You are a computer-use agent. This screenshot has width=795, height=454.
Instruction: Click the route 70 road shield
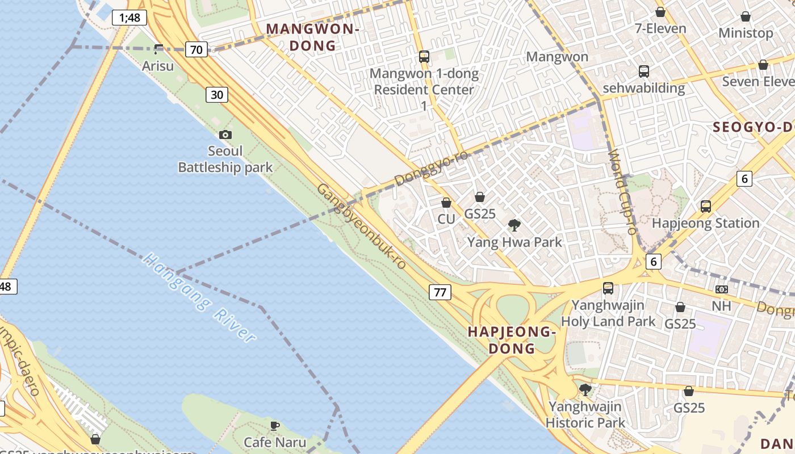(196, 49)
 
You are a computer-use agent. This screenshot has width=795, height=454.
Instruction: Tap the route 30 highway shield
(217, 95)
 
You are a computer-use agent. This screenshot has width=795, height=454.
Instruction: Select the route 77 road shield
(440, 292)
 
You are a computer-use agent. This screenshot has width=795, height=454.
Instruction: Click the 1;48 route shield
(129, 18)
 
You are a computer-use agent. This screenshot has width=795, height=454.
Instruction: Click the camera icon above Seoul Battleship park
(225, 135)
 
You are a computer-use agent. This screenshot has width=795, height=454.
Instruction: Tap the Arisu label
(158, 66)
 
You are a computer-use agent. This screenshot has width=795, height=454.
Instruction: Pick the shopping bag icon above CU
(446, 203)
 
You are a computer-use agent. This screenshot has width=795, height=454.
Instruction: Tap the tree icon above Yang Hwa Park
(514, 225)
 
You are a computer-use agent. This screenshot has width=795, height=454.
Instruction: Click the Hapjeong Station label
(706, 223)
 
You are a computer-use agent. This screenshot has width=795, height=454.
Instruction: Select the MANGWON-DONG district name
(313, 37)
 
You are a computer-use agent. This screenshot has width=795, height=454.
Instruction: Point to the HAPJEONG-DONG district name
(511, 340)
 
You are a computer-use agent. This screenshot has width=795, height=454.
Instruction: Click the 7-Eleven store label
(660, 28)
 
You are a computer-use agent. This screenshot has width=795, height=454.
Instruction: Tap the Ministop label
(746, 33)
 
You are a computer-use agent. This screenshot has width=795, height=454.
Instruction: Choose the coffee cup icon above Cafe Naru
(275, 426)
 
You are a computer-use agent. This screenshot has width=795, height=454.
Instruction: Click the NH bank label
(722, 306)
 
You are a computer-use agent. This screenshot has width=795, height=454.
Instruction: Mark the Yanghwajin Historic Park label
(585, 414)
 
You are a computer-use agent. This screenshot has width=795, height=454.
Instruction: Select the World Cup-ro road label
(623, 192)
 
